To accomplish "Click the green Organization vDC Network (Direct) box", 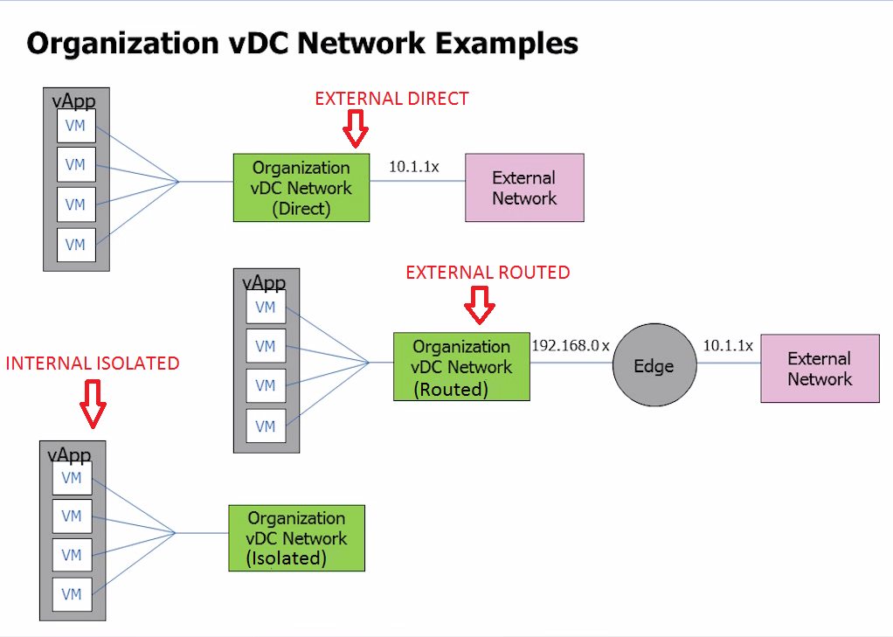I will pos(301,188).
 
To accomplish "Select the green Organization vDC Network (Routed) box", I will pos(461,367).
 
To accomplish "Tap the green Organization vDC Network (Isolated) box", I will pos(296,538).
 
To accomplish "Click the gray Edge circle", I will pos(654,366).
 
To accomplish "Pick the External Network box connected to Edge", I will pos(820,369).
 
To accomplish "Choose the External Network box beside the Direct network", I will pos(524,188).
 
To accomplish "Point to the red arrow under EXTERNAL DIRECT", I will pos(355,132).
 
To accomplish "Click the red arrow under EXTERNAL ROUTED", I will pos(480,305).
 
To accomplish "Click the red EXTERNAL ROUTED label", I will pos(488,273).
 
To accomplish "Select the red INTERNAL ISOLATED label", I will pos(93,363).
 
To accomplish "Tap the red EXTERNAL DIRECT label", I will pos(391,99).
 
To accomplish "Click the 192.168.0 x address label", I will pos(571,345).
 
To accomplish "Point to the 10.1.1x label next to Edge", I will pos(728,346).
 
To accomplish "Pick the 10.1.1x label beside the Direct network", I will pos(413,166).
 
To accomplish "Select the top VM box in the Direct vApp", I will pos(76,126).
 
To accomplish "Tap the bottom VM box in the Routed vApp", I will pos(266,426).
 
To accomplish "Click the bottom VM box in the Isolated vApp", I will pos(72,594).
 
